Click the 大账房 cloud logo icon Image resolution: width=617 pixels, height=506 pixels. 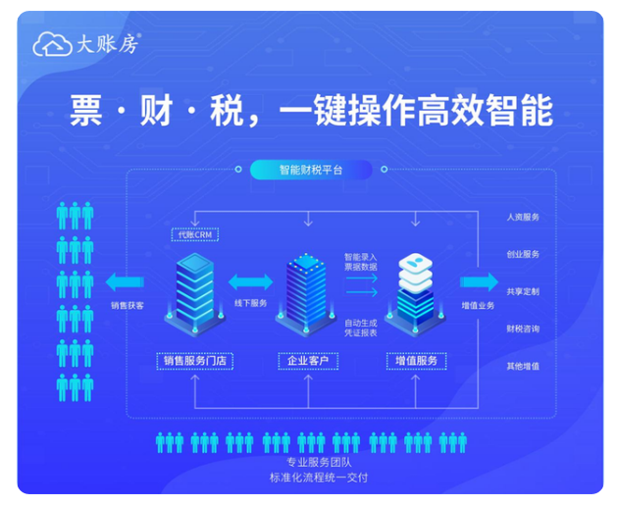[x=49, y=44]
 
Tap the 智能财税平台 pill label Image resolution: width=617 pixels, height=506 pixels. [x=310, y=170]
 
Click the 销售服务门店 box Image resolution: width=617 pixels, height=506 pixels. [x=195, y=361]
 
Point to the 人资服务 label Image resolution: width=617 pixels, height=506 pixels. [x=522, y=217]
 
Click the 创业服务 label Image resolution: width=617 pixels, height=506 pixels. [x=522, y=254]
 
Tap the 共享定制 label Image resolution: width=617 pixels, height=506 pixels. [x=522, y=291]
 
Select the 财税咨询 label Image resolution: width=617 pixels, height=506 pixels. [x=522, y=329]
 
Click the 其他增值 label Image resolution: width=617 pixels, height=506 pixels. [x=522, y=366]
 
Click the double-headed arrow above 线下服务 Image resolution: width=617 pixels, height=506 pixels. [x=250, y=283]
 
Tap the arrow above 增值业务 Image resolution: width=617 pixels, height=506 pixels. [x=479, y=282]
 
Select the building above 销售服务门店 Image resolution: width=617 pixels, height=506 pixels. [x=197, y=289]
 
